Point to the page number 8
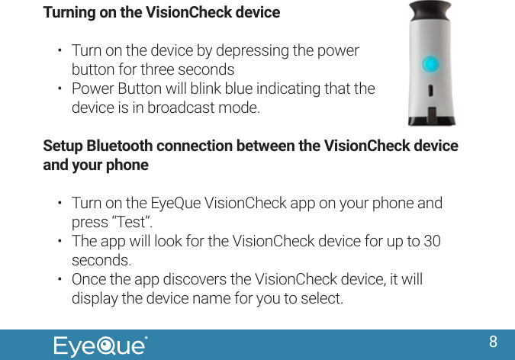point(494,341)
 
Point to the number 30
point(431,242)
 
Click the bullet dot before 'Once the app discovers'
point(60,278)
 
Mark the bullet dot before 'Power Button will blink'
point(60,88)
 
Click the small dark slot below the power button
point(431,92)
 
